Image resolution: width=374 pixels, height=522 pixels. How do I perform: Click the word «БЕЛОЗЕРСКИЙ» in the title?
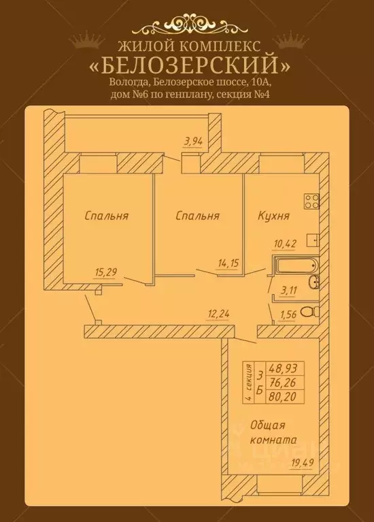[x=186, y=66]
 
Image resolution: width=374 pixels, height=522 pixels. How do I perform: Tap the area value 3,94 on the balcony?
[x=194, y=142]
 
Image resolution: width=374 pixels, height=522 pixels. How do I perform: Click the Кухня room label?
[x=274, y=216]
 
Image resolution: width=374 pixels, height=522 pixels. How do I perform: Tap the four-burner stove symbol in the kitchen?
[x=312, y=201]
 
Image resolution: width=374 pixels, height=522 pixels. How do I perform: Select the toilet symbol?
[x=309, y=312]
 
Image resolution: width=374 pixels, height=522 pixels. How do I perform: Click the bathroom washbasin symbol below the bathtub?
[x=313, y=283]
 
